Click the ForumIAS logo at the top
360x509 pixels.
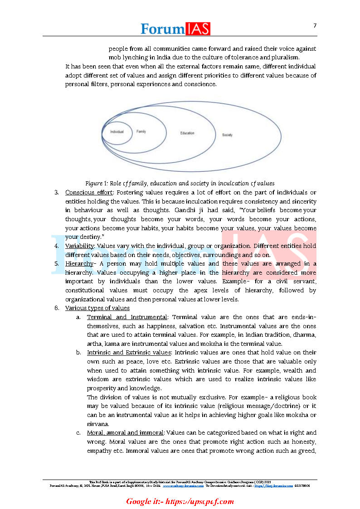coord(175,28)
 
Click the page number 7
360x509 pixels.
coord(315,25)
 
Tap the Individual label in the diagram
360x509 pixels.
coord(117,131)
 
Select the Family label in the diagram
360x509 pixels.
coord(141,131)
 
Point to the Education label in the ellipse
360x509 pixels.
coord(187,133)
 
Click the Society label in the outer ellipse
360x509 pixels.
coord(227,135)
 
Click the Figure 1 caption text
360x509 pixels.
coord(180,184)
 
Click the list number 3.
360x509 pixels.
coord(57,192)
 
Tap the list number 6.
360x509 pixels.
coord(57,308)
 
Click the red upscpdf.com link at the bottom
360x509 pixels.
coord(180,501)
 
